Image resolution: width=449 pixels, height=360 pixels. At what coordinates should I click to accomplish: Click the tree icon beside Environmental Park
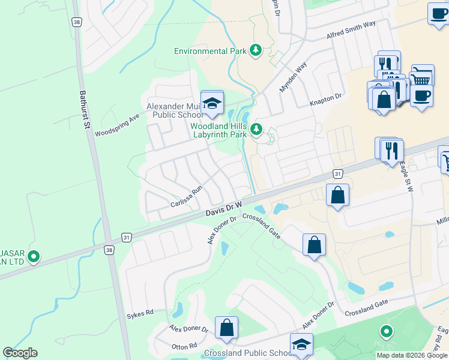tap(256, 50)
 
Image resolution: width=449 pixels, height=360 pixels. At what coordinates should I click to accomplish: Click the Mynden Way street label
tap(293, 77)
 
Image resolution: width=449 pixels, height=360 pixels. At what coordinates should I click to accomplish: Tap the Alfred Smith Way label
tap(351, 31)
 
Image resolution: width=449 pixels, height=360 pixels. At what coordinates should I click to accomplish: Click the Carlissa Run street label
tap(186, 197)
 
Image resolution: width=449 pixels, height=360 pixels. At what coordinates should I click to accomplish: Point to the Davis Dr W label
tap(223, 209)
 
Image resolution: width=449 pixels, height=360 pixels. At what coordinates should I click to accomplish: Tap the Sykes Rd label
tap(140, 313)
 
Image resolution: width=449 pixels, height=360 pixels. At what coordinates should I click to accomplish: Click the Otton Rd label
tap(184, 346)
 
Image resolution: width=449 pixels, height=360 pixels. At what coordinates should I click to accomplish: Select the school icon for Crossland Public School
tap(301, 344)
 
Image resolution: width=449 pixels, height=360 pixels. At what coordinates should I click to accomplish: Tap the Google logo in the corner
tap(20, 353)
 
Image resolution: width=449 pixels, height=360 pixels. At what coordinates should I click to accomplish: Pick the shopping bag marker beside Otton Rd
tap(226, 328)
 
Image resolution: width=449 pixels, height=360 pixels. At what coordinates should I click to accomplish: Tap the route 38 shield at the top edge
tap(76, 22)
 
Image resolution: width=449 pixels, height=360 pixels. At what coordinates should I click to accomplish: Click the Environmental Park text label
tap(211, 51)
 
